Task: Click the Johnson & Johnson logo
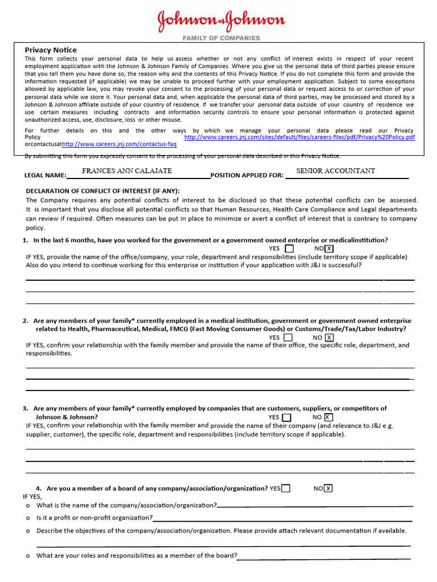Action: (x=221, y=21)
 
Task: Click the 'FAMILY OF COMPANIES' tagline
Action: (x=221, y=38)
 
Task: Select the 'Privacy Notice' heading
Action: (x=51, y=50)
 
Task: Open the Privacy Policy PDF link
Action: (x=300, y=137)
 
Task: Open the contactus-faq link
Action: (x=119, y=144)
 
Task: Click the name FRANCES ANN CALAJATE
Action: (x=127, y=171)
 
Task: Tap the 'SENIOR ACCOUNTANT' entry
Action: (x=336, y=171)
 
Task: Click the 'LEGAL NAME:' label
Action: (x=45, y=175)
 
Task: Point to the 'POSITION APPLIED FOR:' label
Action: (x=247, y=175)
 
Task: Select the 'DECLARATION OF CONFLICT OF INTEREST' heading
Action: (x=102, y=191)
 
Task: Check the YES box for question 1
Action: (x=290, y=248)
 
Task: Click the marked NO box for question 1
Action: (x=329, y=248)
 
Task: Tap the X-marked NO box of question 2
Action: (x=329, y=338)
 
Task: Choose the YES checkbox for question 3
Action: (x=287, y=417)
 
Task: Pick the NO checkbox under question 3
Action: (x=328, y=417)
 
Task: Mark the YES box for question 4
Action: (x=286, y=488)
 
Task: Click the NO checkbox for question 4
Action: (x=328, y=488)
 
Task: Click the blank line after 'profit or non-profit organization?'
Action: (x=282, y=518)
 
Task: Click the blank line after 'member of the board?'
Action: (x=323, y=556)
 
